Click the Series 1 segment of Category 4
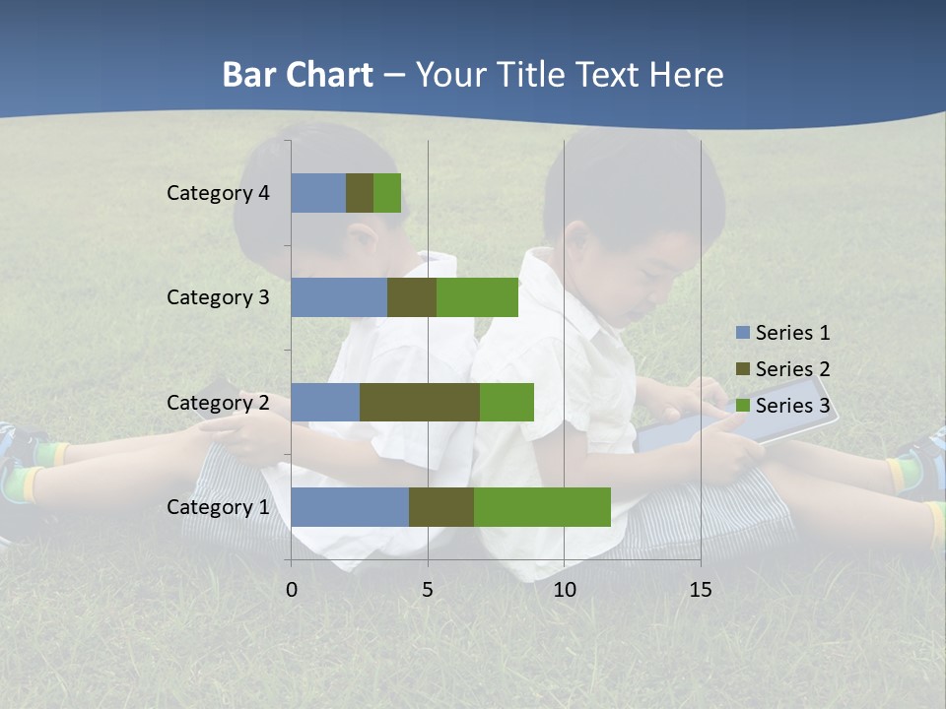pos(318,193)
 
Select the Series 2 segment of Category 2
pos(420,402)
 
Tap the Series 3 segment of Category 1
pos(542,507)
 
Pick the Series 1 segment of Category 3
pos(339,297)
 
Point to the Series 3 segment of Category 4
pos(387,193)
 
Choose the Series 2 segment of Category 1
pos(441,507)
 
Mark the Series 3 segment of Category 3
pos(477,297)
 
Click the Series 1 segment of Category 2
pos(325,402)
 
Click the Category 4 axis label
pos(218,193)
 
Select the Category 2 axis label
pos(218,402)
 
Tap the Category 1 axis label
pos(218,507)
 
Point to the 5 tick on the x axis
pos(428,590)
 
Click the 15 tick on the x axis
pos(701,590)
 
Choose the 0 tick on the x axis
pos(291,590)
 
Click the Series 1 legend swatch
pos(742,333)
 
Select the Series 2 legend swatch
pos(742,369)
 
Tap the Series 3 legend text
pos(792,405)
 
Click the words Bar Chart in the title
pos(298,75)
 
